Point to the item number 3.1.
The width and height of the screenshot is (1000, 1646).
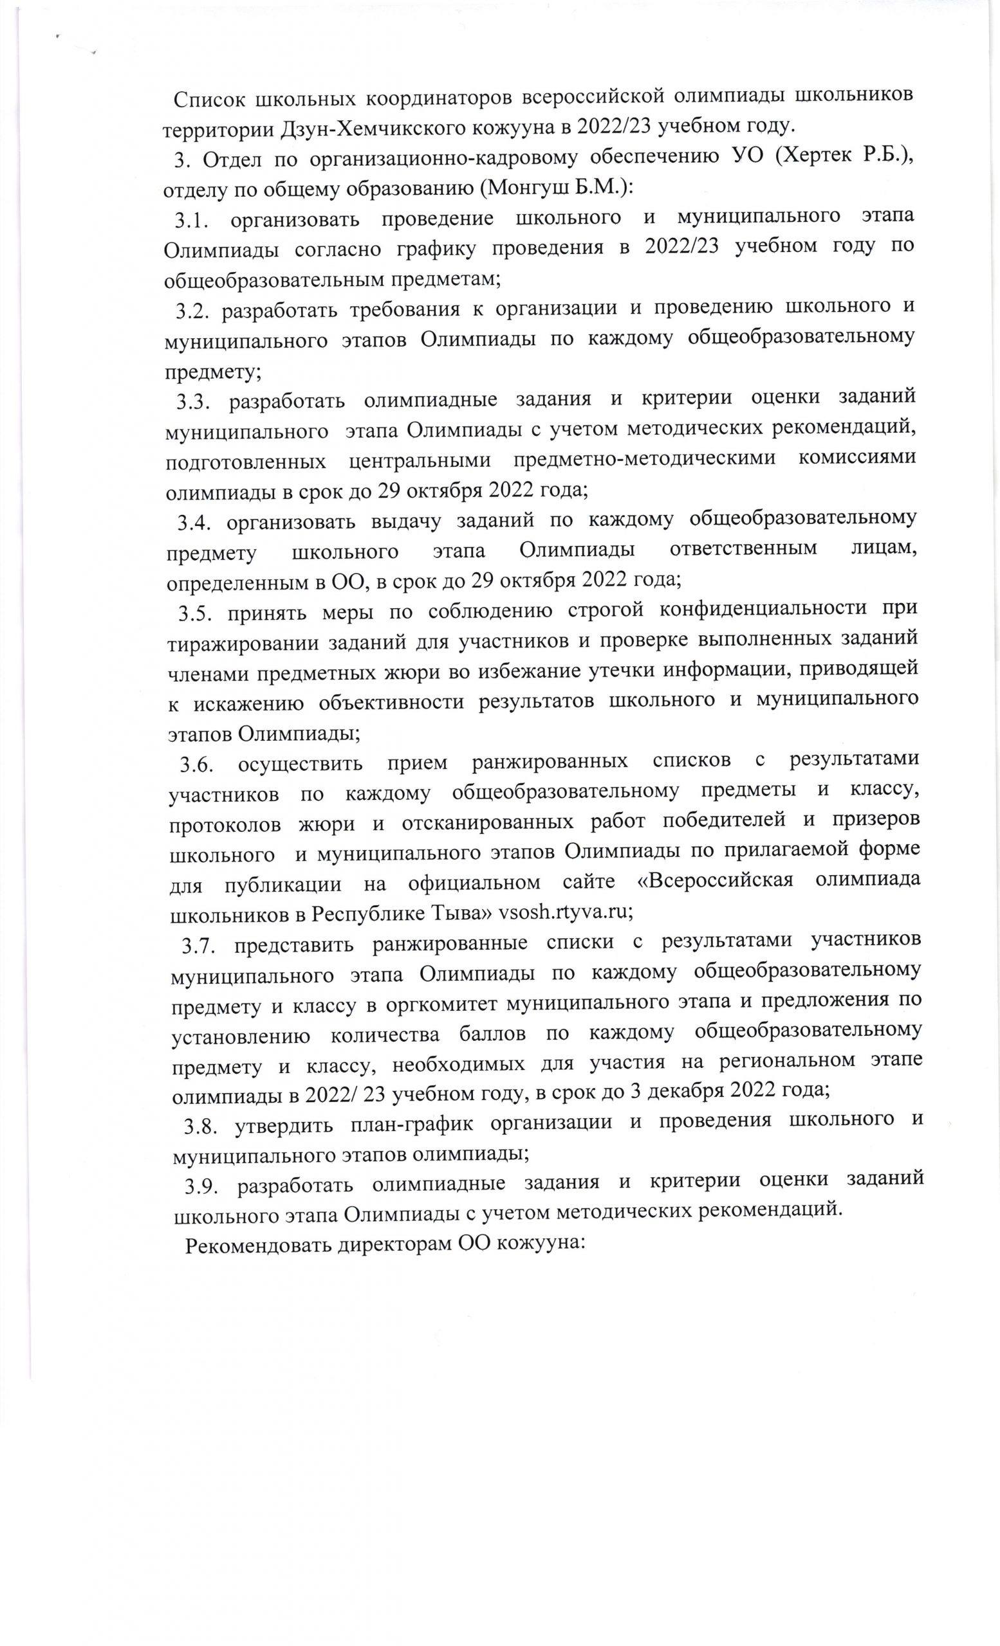(194, 220)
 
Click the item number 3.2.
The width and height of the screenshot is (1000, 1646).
(194, 311)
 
